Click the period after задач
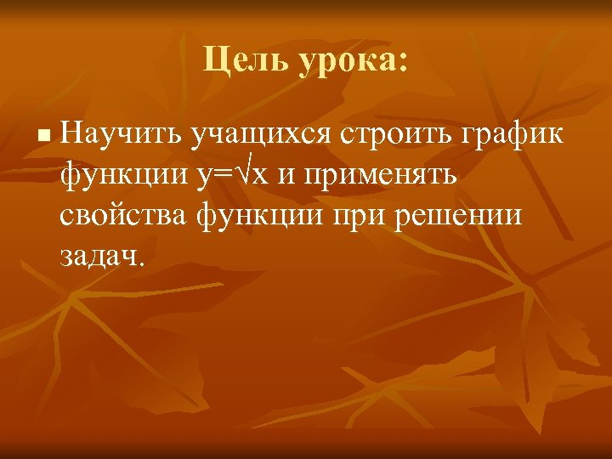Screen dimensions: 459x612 (x=142, y=264)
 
